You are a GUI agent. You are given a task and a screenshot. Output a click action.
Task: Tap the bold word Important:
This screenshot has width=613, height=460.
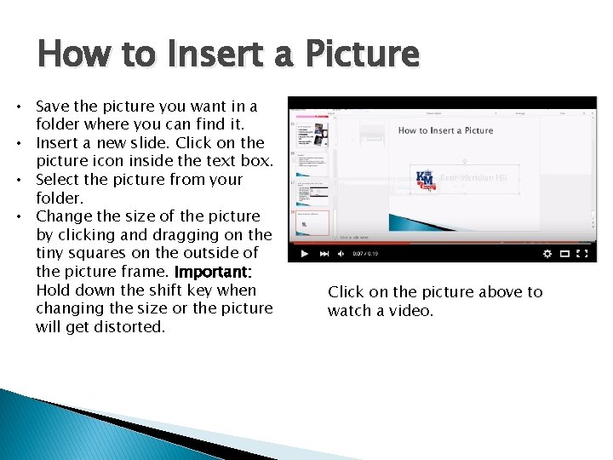(213, 272)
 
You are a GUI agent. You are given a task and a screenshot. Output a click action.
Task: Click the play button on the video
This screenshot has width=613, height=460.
(303, 253)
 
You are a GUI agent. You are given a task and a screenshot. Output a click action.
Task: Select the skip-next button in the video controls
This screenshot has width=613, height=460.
(324, 253)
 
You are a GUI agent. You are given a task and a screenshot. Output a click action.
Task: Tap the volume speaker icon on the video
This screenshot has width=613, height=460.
(341, 253)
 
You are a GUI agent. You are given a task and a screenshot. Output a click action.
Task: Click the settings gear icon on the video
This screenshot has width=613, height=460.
(547, 253)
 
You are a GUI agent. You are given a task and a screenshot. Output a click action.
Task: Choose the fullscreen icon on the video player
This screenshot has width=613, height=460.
(586, 253)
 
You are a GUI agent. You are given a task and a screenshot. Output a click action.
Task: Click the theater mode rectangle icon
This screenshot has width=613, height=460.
(566, 253)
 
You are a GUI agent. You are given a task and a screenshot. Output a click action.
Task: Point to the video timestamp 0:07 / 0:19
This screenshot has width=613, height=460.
(367, 253)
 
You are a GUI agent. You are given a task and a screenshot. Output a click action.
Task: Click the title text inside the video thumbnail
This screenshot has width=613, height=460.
(445, 130)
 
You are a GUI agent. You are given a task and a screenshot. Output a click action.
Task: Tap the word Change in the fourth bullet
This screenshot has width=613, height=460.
(63, 216)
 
